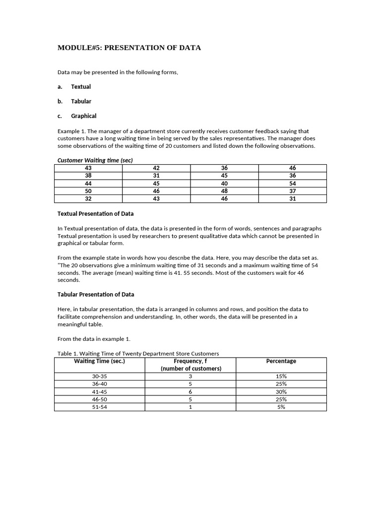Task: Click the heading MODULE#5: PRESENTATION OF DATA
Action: point(129,48)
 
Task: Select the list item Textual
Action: point(81,87)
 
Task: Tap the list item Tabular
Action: point(81,101)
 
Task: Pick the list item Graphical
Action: point(83,116)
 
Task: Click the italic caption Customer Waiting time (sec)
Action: point(95,160)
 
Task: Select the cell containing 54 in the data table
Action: point(292,184)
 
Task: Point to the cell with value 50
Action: point(88,191)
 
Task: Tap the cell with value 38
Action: point(88,176)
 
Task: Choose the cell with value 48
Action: point(224,191)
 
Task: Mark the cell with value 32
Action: point(88,199)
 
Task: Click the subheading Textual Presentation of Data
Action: point(96,214)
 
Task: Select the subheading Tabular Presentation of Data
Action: point(96,295)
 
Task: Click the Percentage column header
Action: point(281,361)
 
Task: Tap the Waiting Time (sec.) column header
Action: point(99,361)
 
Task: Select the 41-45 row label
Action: point(99,392)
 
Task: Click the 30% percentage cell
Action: point(281,392)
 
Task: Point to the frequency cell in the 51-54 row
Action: point(190,407)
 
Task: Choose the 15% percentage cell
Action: point(281,377)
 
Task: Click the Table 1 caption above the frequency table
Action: point(138,354)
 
